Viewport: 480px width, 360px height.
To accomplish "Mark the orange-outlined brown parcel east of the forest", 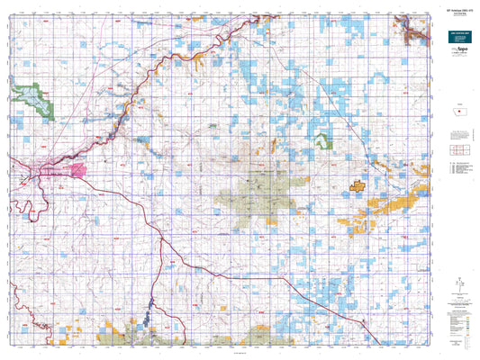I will tap(357, 186).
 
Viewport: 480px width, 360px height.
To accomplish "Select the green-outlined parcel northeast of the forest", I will tap(323, 140).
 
